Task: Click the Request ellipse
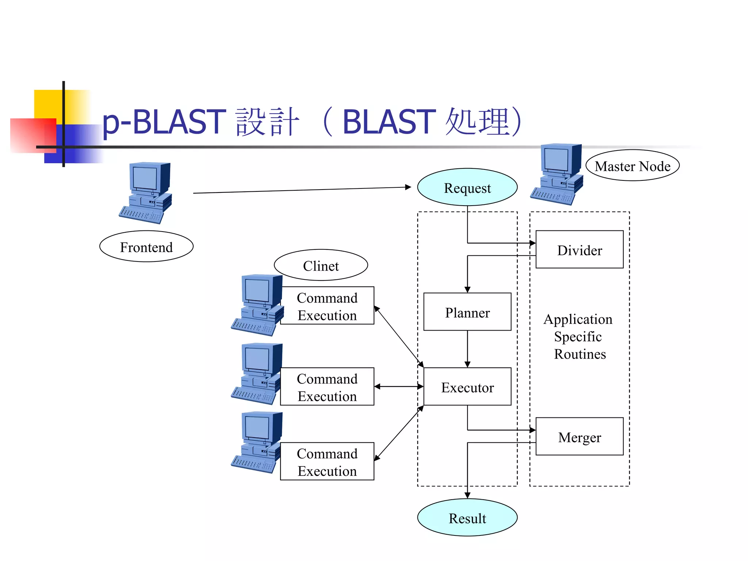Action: click(467, 187)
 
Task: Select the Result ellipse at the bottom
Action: click(467, 518)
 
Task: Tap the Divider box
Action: click(579, 250)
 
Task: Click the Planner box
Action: click(467, 312)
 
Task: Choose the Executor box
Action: click(467, 387)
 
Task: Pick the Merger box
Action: click(579, 436)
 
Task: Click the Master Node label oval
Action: click(632, 165)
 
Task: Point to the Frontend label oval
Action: click(146, 247)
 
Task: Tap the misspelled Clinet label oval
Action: click(321, 265)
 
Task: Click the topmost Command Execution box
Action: click(327, 306)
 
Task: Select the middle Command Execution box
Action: click(327, 387)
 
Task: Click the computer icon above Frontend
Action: click(146, 192)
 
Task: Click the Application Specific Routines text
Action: click(579, 336)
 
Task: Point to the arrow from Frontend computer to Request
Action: click(301, 190)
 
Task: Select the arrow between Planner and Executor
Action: click(467, 349)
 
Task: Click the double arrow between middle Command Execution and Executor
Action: click(398, 386)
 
